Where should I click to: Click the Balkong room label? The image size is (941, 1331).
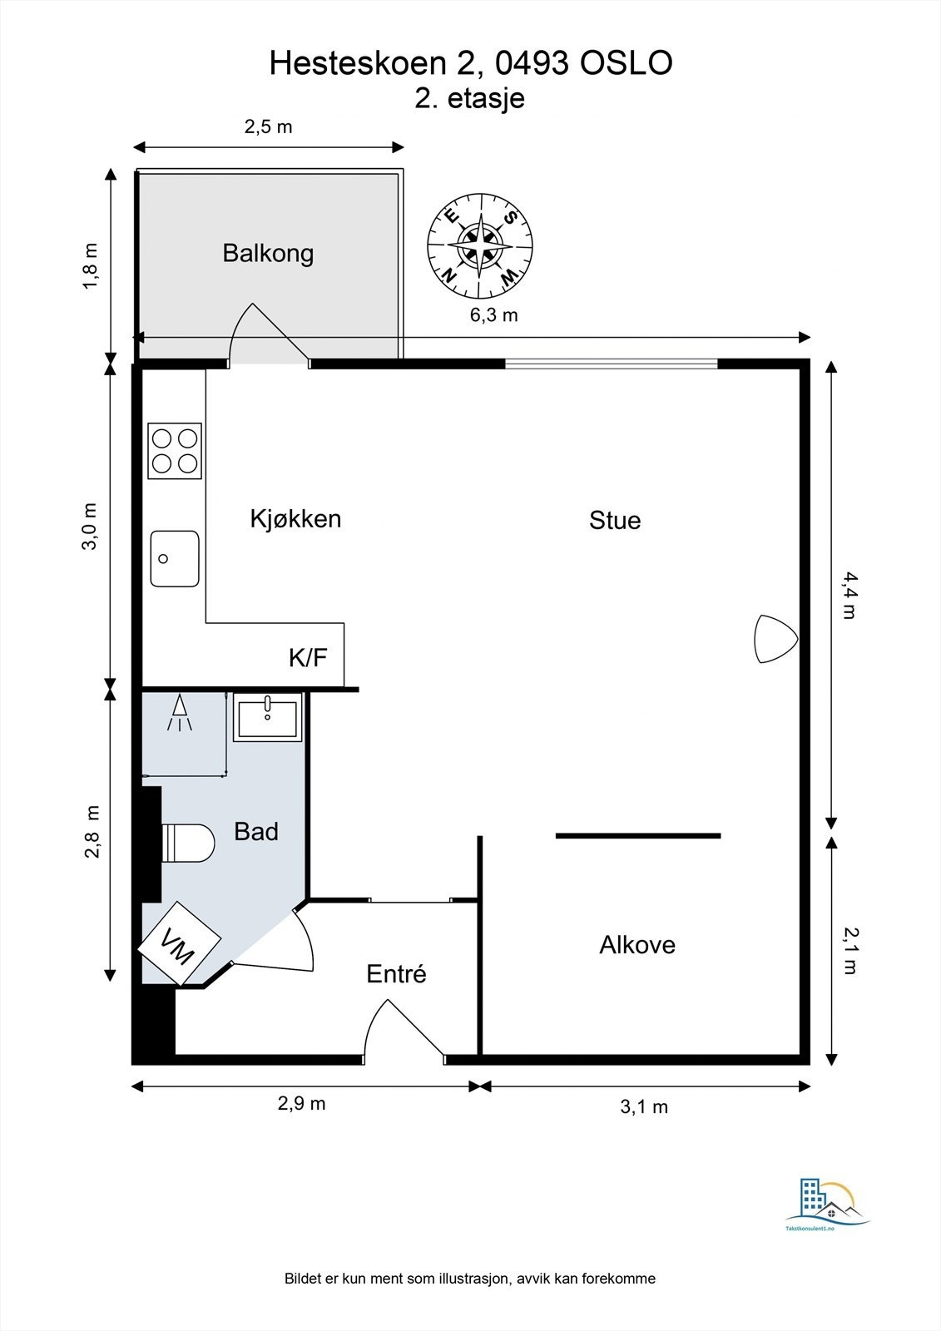[268, 254]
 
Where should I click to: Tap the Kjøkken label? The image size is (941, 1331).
[295, 519]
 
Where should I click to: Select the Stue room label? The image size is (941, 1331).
[615, 521]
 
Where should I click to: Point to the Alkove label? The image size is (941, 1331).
[637, 945]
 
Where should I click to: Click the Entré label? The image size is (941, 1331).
[397, 974]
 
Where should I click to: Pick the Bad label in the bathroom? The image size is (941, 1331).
[256, 831]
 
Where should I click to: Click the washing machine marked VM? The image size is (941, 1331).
[180, 945]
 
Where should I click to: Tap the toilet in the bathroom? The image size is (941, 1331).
[187, 843]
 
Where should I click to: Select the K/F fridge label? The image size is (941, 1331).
[308, 658]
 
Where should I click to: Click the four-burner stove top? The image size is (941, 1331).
[175, 450]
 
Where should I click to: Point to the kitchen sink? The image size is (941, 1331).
[175, 558]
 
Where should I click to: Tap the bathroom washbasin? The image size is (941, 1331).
[268, 717]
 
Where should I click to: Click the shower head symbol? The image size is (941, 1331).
[180, 713]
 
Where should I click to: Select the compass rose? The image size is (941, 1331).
[480, 245]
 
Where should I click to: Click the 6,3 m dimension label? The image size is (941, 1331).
[494, 315]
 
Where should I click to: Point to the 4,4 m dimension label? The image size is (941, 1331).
[848, 595]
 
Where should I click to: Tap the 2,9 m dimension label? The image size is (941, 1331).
[301, 1103]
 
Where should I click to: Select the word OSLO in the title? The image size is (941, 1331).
[627, 63]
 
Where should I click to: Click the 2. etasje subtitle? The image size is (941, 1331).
[469, 98]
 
